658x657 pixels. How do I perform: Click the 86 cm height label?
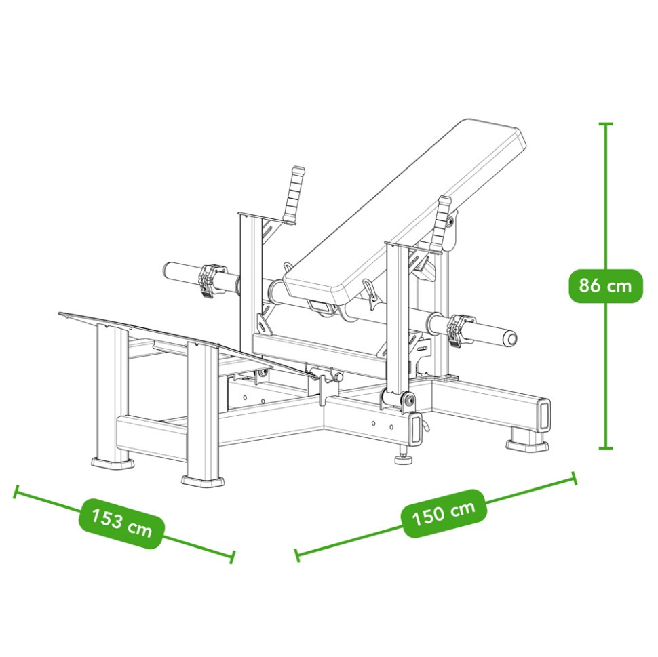(606, 285)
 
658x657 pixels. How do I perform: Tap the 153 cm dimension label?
(121, 523)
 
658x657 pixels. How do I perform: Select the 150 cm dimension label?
(444, 513)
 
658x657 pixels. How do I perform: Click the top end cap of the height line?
(606, 124)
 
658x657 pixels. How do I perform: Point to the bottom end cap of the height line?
(606, 448)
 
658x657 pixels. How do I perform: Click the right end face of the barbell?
(510, 338)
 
